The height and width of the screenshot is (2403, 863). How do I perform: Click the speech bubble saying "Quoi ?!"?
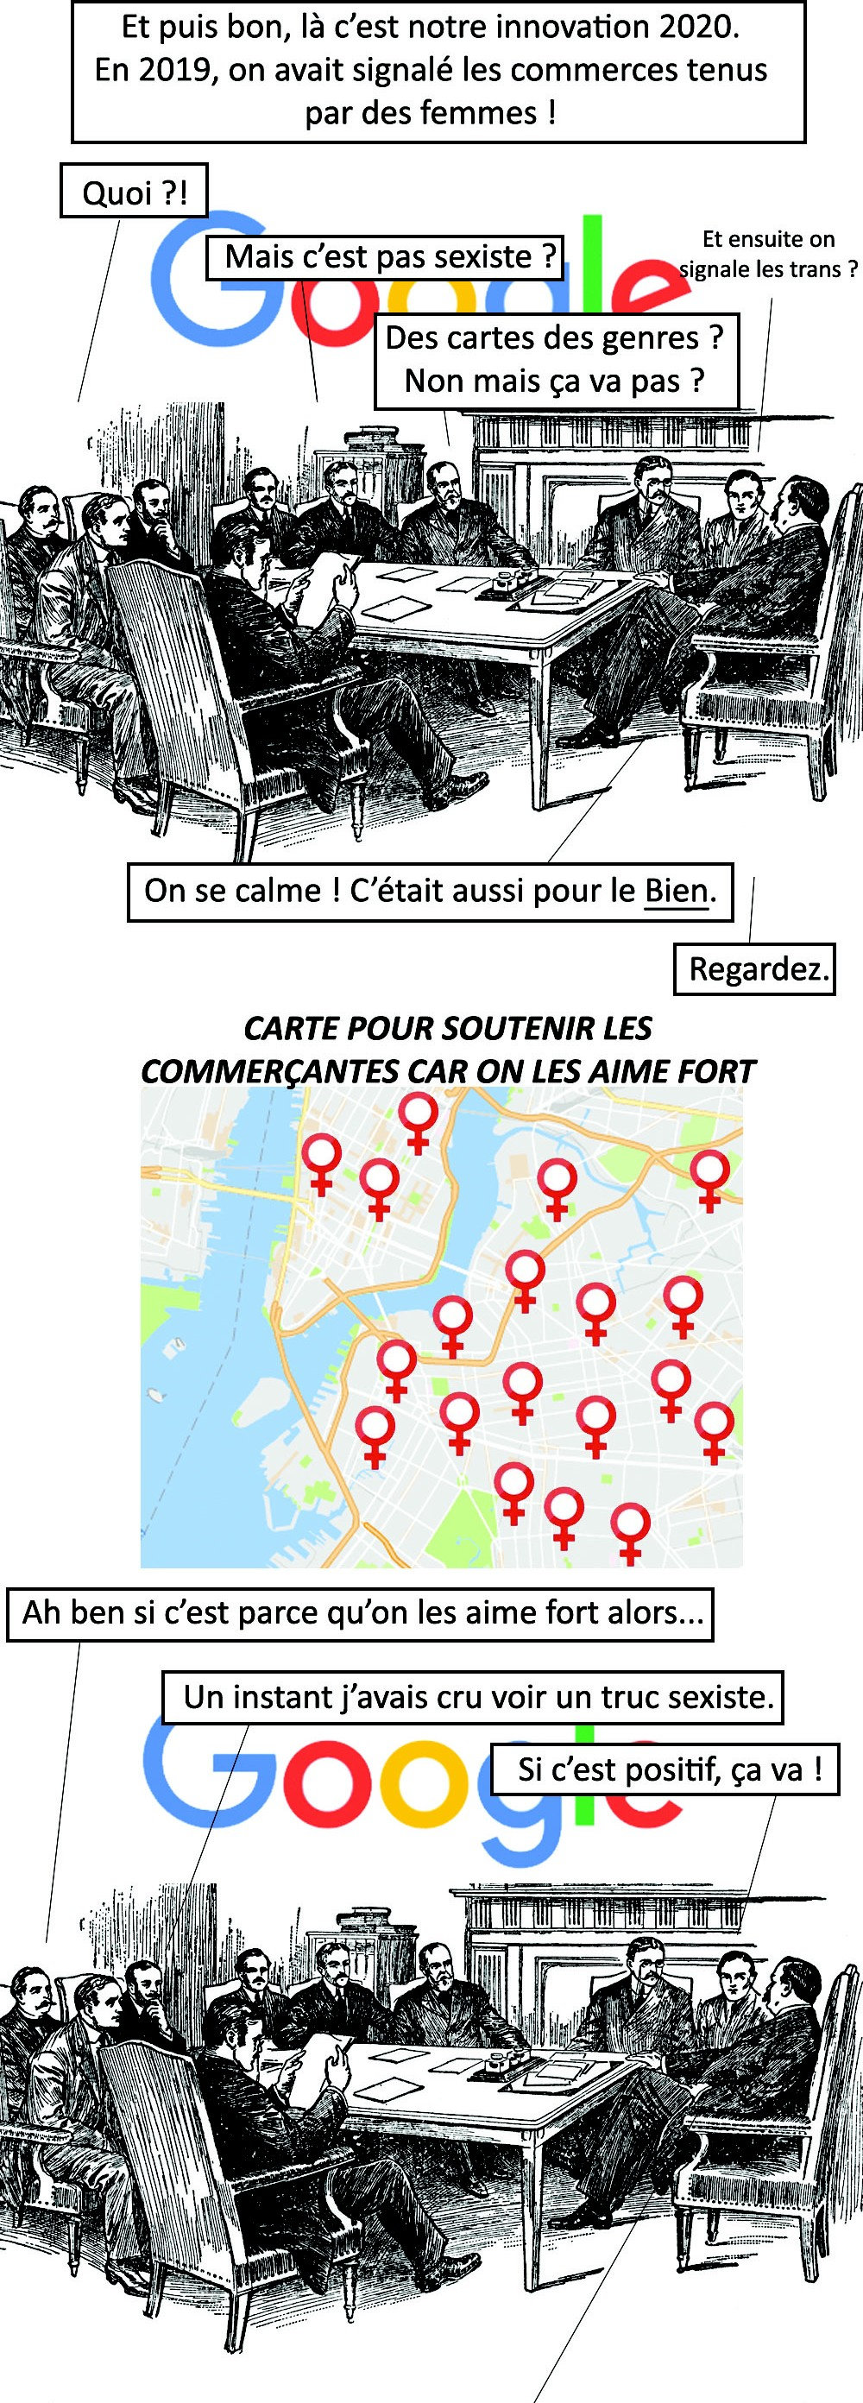134,192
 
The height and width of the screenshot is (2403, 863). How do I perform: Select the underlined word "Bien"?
676,891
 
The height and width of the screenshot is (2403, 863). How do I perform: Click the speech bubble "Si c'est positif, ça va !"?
670,1769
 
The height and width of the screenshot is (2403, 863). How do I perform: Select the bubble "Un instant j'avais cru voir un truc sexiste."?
473,1694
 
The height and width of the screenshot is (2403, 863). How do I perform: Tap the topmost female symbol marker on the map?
418,1122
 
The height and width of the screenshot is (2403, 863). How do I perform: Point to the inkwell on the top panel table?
508,578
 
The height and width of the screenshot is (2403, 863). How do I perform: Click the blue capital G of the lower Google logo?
196,1782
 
